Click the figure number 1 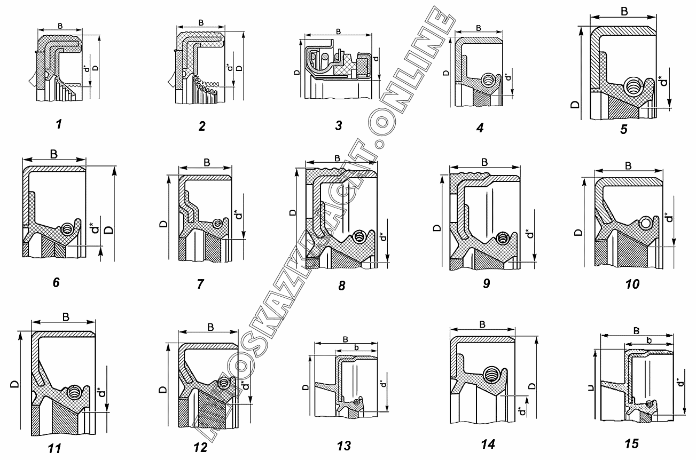(x=59, y=125)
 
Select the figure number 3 (x=338, y=125)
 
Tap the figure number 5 (x=623, y=129)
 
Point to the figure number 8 (x=342, y=285)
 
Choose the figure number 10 (x=632, y=283)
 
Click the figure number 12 (x=200, y=447)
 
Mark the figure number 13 (x=345, y=446)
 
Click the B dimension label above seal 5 (x=624, y=12)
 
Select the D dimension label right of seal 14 (x=531, y=385)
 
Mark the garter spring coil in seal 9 (x=503, y=239)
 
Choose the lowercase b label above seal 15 (x=648, y=340)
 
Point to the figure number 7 (x=200, y=283)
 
